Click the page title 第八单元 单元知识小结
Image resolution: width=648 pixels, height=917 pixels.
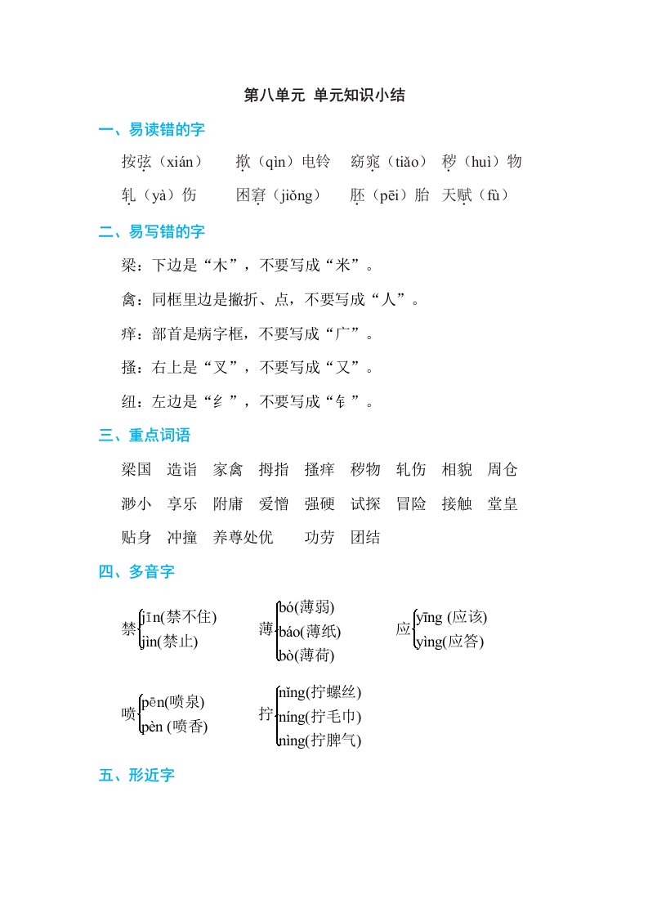tap(324, 96)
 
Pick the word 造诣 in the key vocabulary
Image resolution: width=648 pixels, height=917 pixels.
tap(182, 470)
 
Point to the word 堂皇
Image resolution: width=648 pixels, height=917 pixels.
tap(503, 504)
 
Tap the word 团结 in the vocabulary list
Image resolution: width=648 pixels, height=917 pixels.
tap(365, 538)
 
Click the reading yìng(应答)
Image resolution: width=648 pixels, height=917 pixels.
tap(450, 642)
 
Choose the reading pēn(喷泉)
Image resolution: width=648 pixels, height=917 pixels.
tap(173, 701)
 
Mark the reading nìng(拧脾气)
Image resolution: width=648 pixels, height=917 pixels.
tap(320, 741)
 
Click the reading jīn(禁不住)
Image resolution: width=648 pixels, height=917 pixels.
tap(179, 617)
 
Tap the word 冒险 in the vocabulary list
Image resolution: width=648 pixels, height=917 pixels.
tap(411, 504)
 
